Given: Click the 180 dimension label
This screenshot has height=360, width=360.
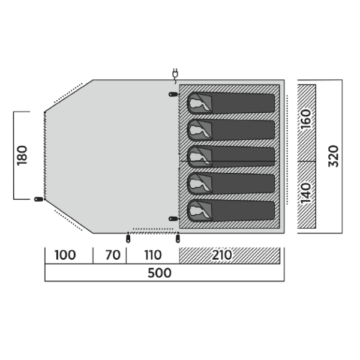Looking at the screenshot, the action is coord(22,155).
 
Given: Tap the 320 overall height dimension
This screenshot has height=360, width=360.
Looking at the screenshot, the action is coord(334,156).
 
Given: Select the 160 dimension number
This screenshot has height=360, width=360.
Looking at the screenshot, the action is coord(306,119).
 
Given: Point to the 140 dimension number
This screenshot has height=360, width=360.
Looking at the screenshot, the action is coord(306,193).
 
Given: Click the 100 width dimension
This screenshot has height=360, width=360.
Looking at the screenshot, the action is coord(65,255).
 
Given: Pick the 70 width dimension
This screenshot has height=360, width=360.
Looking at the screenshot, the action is coord(113,255).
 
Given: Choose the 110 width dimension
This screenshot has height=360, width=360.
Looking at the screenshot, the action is coord(153,255).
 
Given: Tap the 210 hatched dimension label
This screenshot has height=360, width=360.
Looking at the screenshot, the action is coord(222,255).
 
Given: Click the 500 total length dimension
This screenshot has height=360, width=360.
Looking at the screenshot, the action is coord(160,273).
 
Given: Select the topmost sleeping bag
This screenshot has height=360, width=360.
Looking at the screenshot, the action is coord(231,103).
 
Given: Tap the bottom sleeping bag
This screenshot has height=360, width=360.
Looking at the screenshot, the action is coord(231,211).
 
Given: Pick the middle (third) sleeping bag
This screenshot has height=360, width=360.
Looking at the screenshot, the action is coord(231,157).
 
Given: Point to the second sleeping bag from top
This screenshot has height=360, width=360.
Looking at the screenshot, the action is coord(231,130).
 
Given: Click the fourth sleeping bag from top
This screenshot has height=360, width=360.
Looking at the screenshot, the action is coord(231,184).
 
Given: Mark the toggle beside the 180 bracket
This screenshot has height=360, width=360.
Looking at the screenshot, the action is coord(38,199).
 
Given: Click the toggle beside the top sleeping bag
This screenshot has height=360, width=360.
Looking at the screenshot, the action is coord(173,94).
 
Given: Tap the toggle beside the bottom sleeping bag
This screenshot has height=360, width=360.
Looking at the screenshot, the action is coord(173,219).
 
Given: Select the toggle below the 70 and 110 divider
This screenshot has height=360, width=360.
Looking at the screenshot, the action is coord(128,238).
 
